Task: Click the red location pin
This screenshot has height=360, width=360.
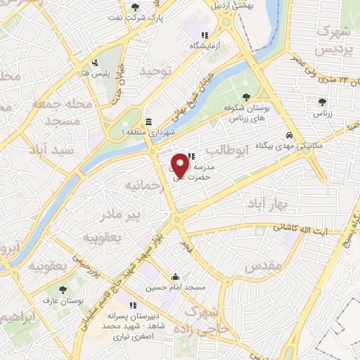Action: pos(180,165)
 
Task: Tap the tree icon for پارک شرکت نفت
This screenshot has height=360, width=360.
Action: pos(136,7)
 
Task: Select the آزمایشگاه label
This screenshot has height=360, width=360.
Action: pos(204,45)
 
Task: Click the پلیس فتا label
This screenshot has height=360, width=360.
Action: pos(94,73)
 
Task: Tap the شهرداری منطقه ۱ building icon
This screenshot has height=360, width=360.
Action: pos(148,121)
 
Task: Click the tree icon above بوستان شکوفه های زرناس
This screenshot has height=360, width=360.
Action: pos(245,97)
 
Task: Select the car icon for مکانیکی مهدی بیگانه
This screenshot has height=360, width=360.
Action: pos(289,134)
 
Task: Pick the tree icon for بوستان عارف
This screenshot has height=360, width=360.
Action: pos(63,288)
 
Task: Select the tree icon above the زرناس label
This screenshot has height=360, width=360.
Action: pos(322,103)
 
